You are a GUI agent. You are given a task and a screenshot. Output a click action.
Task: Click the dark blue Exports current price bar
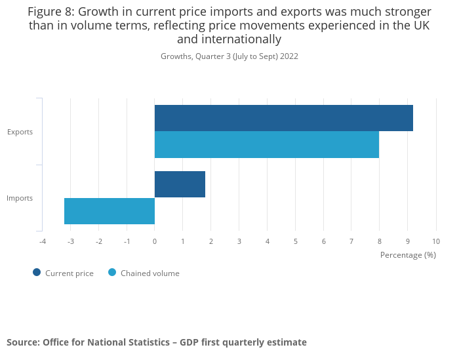click(283, 118)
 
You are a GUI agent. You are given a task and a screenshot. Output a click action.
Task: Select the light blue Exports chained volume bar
click(266, 145)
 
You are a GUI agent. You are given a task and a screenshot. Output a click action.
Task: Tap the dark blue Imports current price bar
click(180, 184)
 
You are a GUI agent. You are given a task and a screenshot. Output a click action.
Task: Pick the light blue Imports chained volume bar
click(110, 211)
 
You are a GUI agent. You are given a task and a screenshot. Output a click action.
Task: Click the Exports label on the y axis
click(20, 132)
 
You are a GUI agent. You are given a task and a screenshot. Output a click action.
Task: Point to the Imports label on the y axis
click(20, 198)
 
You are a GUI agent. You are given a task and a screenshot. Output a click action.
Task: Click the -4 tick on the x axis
click(43, 241)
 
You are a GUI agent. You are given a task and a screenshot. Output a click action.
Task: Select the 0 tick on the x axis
click(155, 241)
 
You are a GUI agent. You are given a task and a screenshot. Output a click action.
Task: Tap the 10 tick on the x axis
click(436, 241)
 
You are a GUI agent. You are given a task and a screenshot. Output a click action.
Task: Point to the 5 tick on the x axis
click(296, 241)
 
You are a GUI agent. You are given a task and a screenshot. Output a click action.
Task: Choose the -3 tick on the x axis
click(70, 241)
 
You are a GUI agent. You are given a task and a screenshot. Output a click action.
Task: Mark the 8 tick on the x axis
click(380, 241)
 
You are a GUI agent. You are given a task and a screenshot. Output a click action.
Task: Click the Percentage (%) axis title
click(408, 254)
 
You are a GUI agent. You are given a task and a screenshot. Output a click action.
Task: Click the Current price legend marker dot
click(37, 273)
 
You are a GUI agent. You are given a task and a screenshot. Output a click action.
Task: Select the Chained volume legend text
click(150, 273)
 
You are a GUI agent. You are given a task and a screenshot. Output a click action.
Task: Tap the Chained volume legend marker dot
click(112, 273)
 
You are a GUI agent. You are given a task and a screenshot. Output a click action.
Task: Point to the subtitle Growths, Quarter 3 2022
click(229, 56)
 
